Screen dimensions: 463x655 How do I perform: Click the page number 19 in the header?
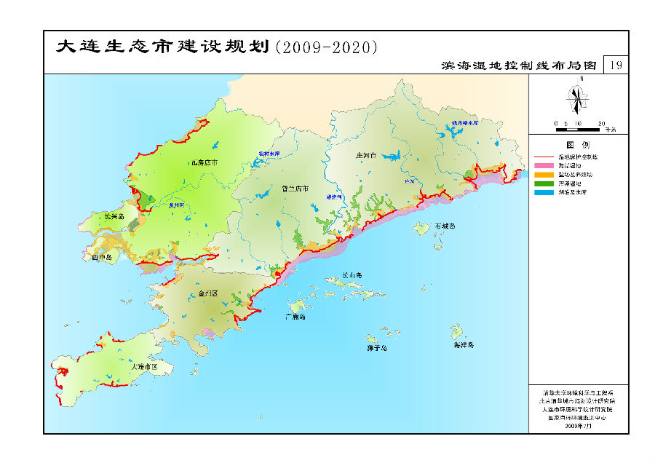[x=616, y=66]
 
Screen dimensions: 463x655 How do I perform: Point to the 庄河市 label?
[x=365, y=156]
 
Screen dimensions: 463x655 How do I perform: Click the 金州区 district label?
[x=208, y=294]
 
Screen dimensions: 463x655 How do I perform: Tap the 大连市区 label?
[x=145, y=367]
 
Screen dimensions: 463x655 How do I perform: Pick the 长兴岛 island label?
[x=114, y=216]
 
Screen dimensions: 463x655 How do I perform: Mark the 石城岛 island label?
[x=445, y=226]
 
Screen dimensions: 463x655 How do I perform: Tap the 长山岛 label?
[x=352, y=275]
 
